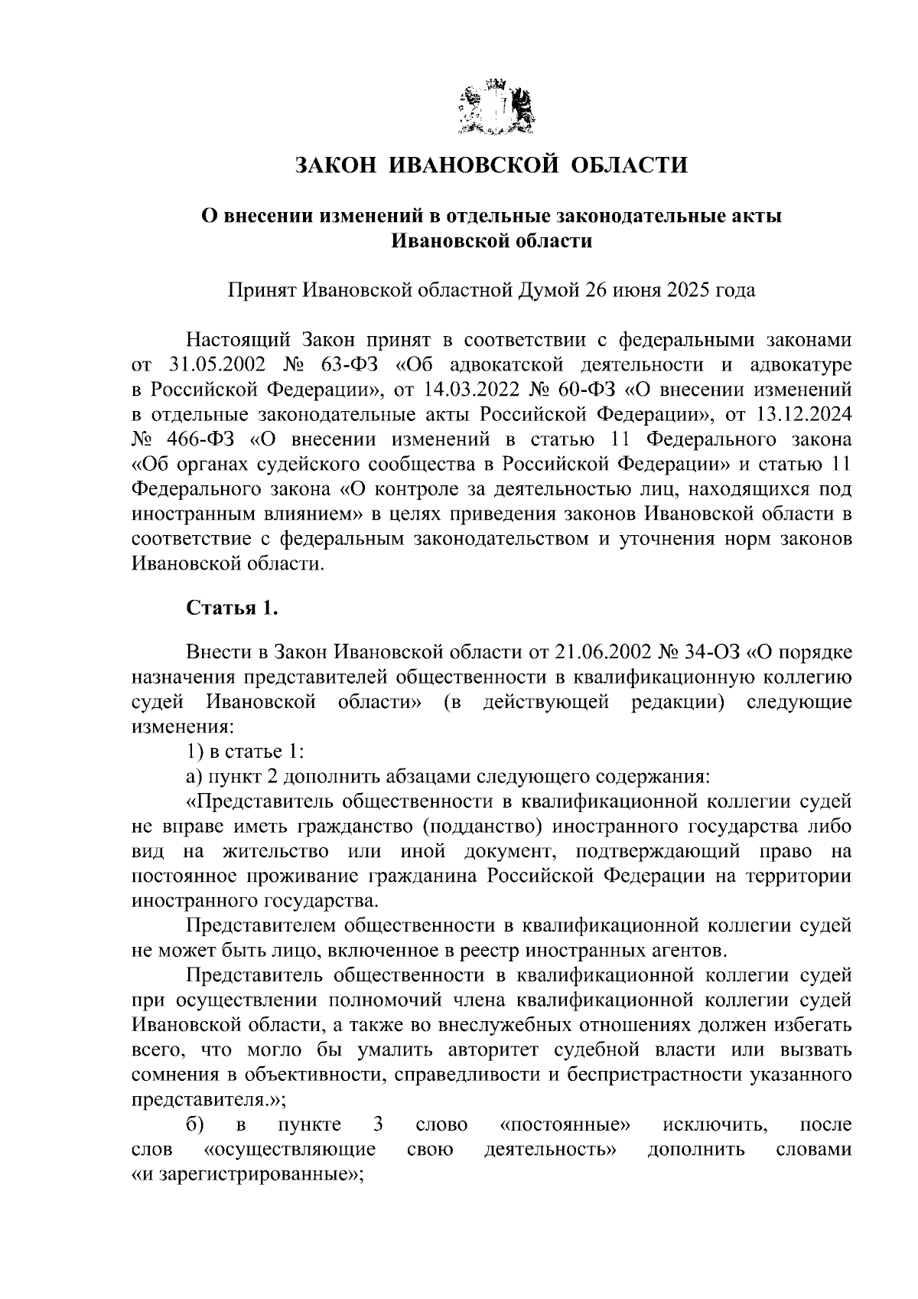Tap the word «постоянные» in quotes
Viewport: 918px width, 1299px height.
click(x=565, y=1125)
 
